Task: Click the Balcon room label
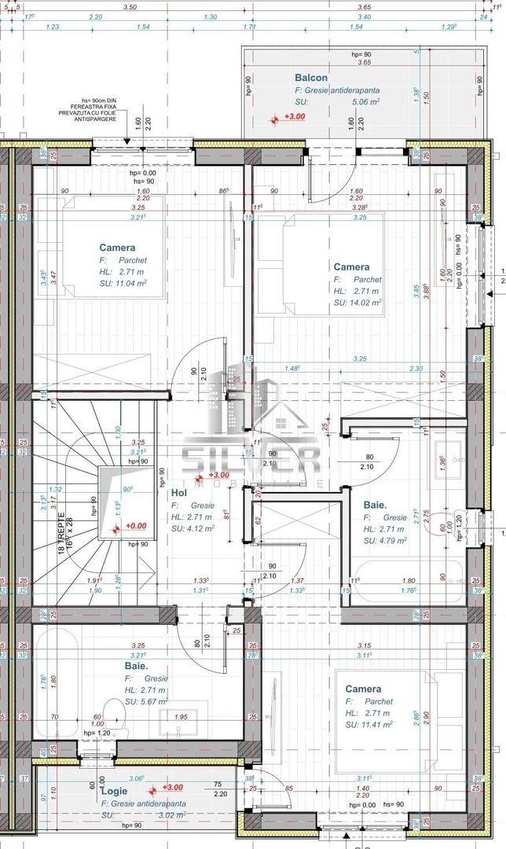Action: click(311, 78)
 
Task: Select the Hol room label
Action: click(178, 493)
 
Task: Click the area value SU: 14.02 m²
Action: click(357, 302)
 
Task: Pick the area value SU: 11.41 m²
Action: click(368, 725)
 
